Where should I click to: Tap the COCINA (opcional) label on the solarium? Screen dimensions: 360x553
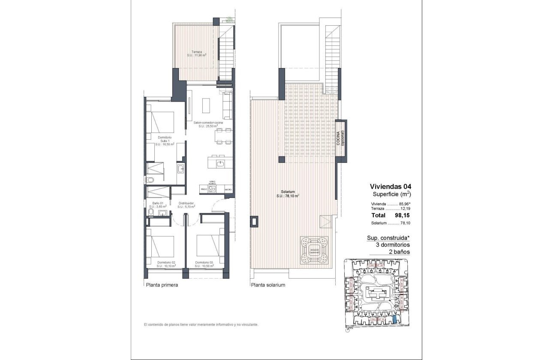coord(340,138)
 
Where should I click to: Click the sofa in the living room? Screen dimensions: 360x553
coord(227,106)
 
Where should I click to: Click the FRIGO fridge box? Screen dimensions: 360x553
coord(204,189)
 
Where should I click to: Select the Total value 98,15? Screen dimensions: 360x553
coord(402,216)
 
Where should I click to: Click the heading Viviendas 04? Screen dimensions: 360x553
coord(390,186)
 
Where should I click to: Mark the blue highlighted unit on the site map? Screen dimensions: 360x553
coord(395,319)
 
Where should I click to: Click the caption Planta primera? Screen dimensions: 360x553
coord(162,285)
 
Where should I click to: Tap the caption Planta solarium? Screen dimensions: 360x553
coord(268,285)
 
